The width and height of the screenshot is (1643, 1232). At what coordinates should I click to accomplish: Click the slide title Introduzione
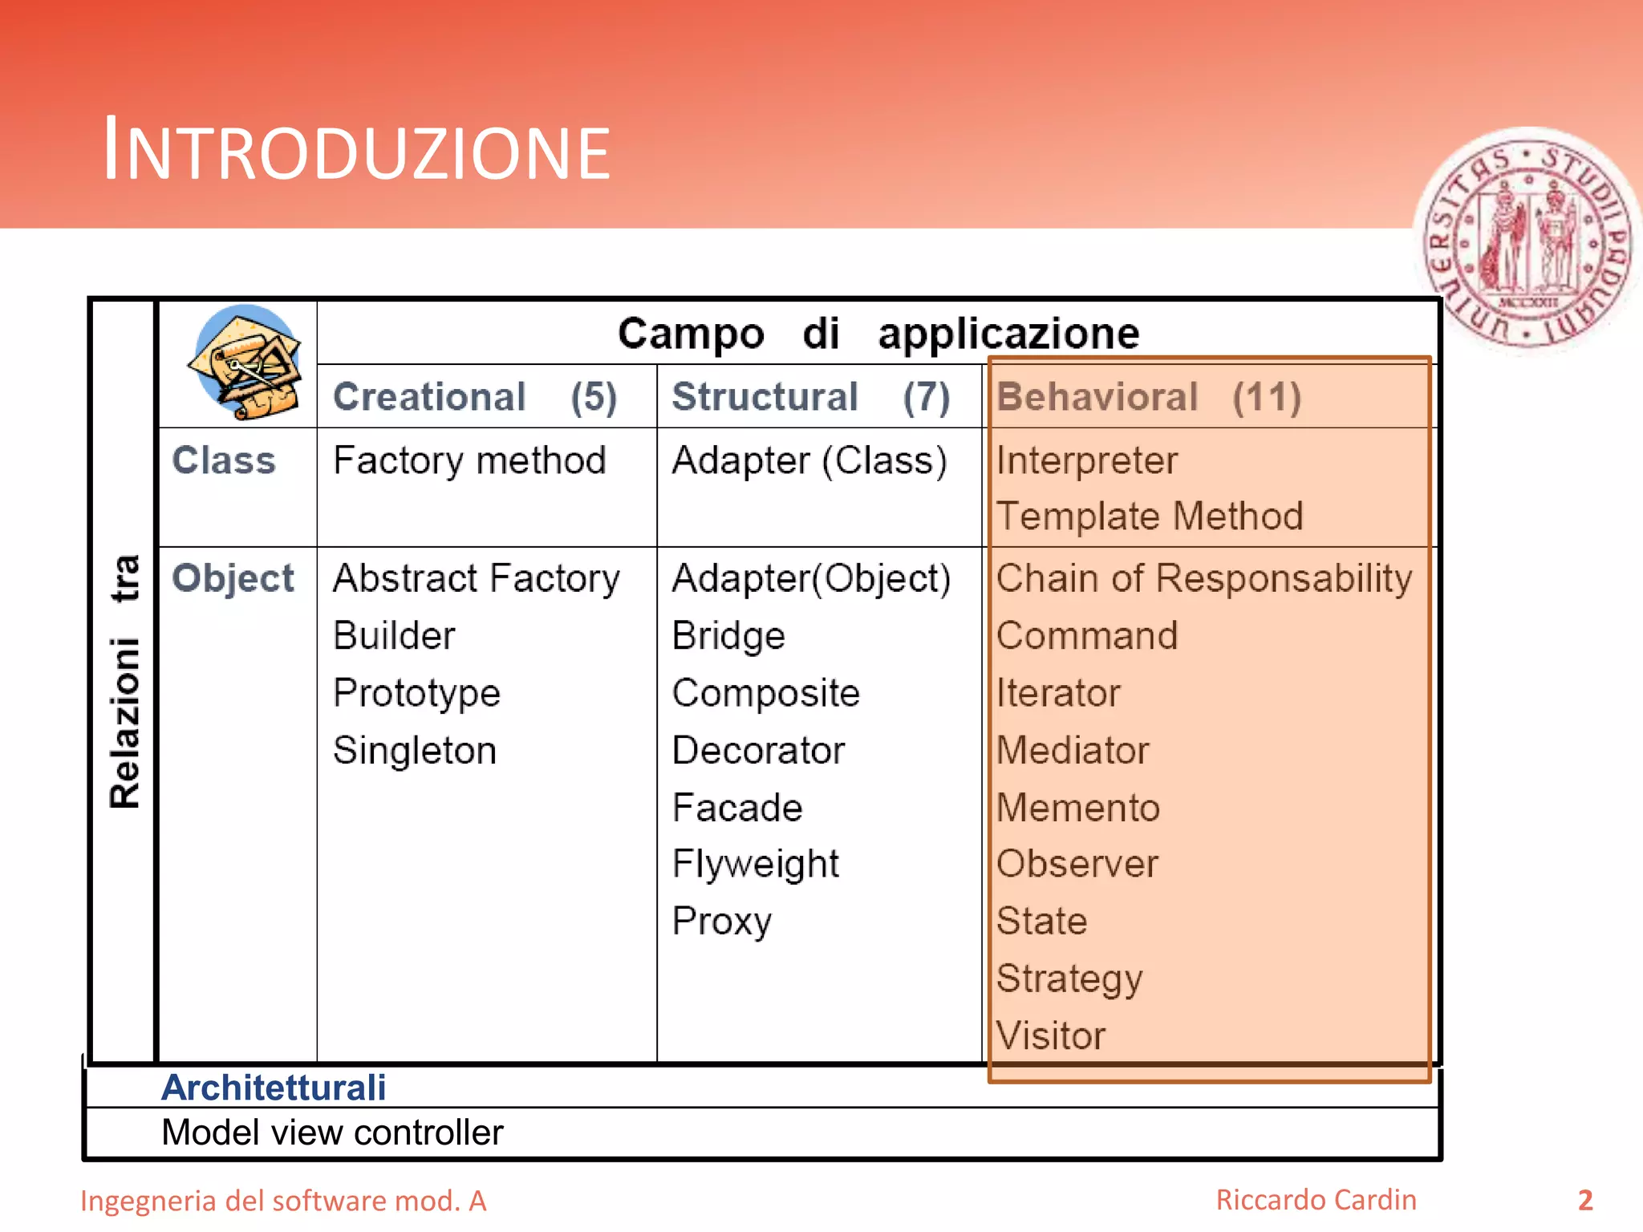[356, 151]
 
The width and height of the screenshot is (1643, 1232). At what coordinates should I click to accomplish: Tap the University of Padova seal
[1529, 241]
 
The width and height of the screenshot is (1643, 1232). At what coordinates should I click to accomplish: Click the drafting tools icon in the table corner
[244, 362]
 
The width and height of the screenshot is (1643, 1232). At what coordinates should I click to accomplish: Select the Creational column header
[474, 397]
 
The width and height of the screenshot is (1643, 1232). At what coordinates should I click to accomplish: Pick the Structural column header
[810, 397]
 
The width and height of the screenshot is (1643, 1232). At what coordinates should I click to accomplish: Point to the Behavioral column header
[1148, 397]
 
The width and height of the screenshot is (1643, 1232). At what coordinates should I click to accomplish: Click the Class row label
[224, 460]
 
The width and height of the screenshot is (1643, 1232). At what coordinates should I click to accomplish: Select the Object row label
[233, 578]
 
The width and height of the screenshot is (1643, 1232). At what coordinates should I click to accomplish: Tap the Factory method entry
[469, 460]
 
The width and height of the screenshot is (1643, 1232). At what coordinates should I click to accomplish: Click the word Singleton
[415, 751]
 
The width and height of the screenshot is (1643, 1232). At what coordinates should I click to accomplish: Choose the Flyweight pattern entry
[755, 865]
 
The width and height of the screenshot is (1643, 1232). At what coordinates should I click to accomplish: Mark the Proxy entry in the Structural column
[721, 922]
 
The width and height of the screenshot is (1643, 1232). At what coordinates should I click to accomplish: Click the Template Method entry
[1149, 516]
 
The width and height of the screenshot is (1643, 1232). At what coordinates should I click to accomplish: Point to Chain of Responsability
[1203, 578]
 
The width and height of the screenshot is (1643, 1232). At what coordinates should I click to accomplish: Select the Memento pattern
[1077, 808]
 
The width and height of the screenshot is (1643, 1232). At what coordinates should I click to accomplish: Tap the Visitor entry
[1050, 1035]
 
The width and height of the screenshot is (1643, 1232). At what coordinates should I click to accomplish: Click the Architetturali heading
[274, 1088]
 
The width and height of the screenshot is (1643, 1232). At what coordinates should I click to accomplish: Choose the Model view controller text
[332, 1133]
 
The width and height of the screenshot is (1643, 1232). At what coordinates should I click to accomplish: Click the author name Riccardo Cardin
[1316, 1200]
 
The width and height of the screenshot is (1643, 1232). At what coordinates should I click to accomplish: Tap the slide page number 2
[1585, 1201]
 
